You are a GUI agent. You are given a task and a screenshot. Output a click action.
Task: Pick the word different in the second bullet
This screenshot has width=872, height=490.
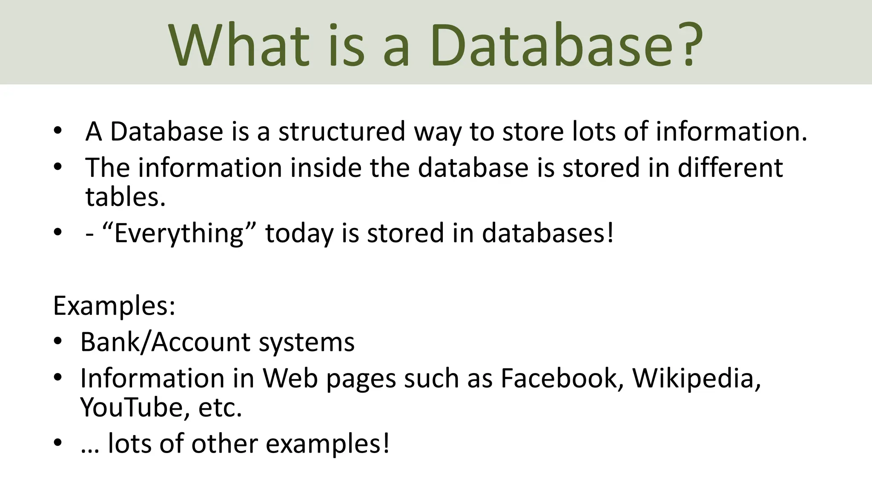click(730, 168)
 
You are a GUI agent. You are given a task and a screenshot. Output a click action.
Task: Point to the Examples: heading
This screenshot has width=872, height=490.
click(114, 305)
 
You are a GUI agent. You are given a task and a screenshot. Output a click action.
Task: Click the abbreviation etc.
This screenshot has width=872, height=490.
click(220, 407)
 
